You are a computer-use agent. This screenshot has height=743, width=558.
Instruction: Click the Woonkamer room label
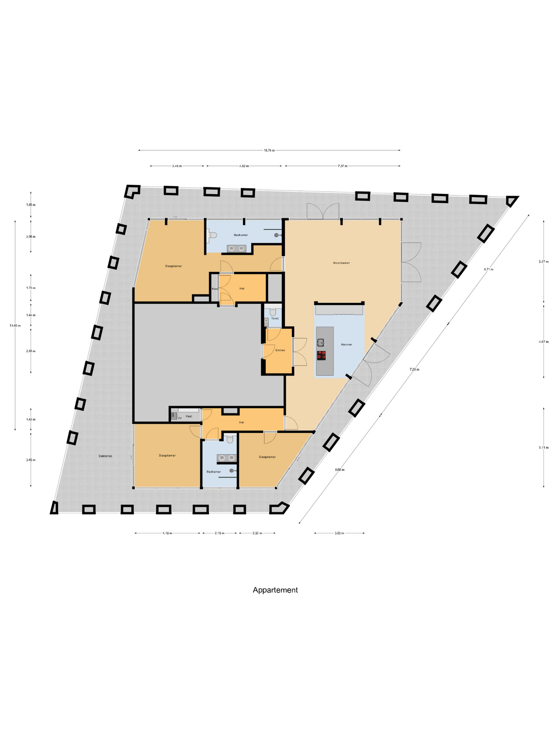coord(341,263)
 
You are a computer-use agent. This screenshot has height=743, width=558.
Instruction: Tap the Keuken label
coord(346,344)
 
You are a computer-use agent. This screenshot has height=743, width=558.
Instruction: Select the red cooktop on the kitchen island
coord(321,355)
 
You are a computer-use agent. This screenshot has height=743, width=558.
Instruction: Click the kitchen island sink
coord(320,342)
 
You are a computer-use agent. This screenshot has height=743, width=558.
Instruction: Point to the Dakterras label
coord(105,456)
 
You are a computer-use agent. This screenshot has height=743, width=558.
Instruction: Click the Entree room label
coord(280,350)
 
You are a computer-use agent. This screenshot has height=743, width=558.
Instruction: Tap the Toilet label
coord(275,318)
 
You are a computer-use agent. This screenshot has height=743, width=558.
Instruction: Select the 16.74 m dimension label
coord(269,150)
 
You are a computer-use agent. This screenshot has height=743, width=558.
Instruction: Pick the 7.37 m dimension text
coord(343,166)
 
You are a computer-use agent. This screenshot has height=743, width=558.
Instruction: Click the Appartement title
coord(275,590)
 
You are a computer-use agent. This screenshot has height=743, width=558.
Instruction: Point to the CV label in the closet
coord(180,418)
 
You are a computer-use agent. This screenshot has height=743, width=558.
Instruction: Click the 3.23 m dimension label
coord(339,533)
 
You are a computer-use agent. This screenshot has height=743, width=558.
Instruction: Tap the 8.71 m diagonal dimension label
coord(488,269)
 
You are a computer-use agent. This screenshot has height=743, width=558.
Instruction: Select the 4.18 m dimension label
coord(167,533)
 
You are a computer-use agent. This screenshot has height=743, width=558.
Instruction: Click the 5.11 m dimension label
coord(544,447)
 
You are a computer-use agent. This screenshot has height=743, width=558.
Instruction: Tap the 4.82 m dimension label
coord(244,166)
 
